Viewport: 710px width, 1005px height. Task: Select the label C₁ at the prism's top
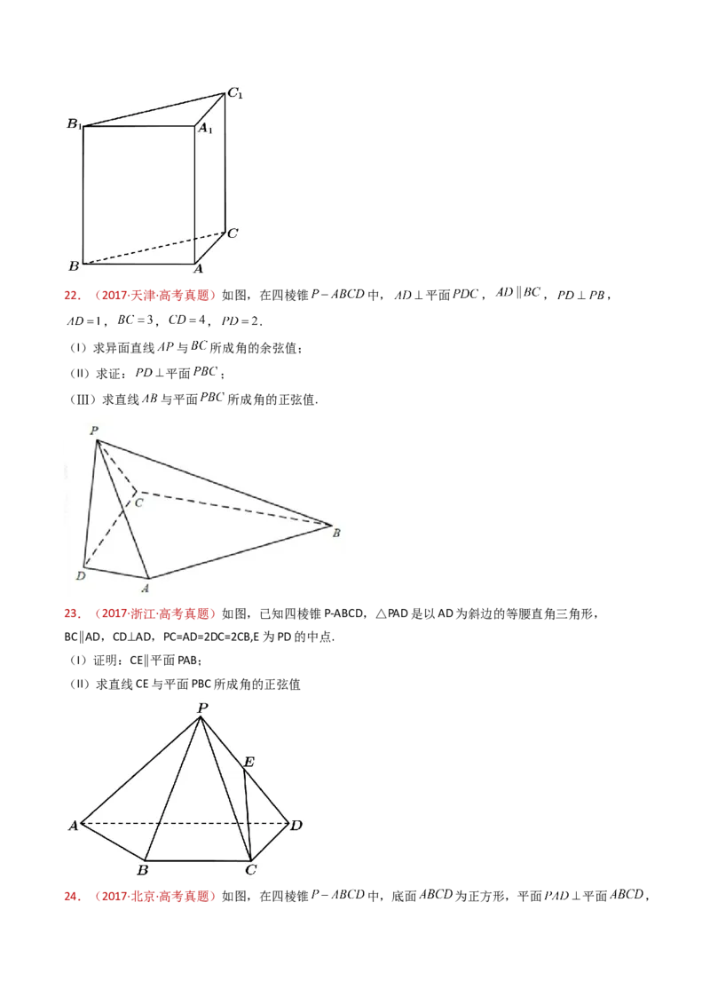[x=235, y=91]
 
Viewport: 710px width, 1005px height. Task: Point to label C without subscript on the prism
[x=232, y=233]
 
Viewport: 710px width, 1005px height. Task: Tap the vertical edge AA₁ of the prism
[x=194, y=195]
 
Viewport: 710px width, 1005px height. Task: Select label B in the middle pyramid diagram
[x=335, y=533]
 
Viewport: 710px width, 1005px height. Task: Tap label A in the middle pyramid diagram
[x=145, y=587]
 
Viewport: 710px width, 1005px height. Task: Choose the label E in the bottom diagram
[x=248, y=762]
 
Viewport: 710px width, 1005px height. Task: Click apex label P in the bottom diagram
[x=202, y=708]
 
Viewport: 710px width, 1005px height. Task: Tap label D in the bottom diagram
[x=296, y=826]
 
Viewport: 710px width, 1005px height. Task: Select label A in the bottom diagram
[x=73, y=826]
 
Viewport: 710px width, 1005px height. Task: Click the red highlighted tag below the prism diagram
[x=141, y=295]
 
